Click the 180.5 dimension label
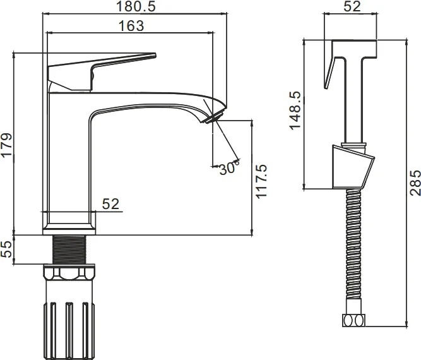click(136, 6)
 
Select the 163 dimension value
click(131, 26)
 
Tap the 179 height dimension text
click(7, 145)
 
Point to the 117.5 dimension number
click(261, 182)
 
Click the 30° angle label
click(228, 168)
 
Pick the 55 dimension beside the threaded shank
click(7, 249)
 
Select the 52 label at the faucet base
click(110, 204)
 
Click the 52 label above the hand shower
click(352, 6)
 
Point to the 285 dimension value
click(415, 183)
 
